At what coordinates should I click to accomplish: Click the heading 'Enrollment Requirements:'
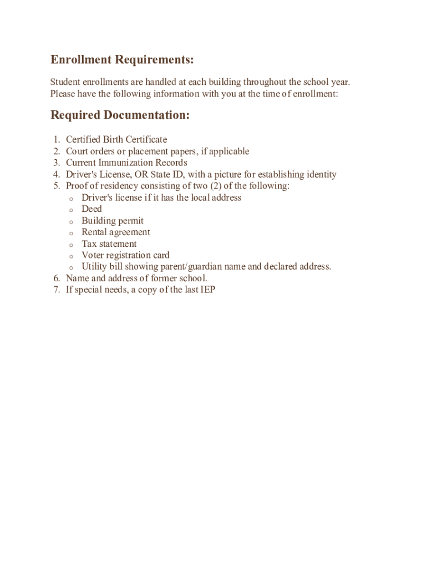click(x=122, y=60)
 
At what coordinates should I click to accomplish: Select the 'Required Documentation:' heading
click(x=120, y=115)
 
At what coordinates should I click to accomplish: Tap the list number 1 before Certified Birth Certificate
click(x=57, y=140)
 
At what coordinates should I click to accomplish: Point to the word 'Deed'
click(x=91, y=209)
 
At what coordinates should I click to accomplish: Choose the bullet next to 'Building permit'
click(x=71, y=222)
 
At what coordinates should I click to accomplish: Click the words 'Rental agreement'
click(x=115, y=232)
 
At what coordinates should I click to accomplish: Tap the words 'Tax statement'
click(x=109, y=244)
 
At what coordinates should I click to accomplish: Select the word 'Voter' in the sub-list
click(x=93, y=256)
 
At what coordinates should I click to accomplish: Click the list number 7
click(x=57, y=290)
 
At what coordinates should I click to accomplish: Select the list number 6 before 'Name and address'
click(x=57, y=278)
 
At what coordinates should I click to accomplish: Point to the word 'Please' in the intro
click(x=63, y=94)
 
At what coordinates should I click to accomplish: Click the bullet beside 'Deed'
click(x=71, y=210)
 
